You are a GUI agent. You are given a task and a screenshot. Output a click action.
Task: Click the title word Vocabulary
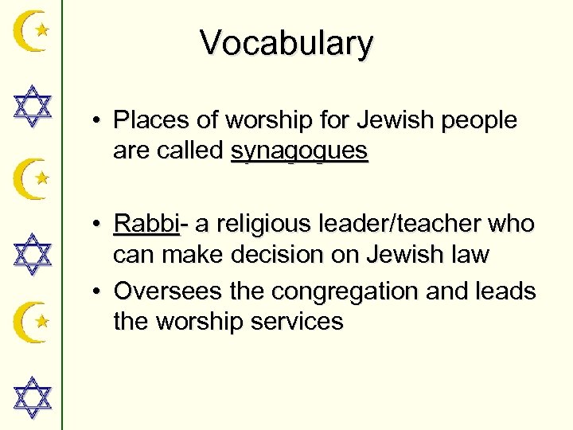tap(286, 43)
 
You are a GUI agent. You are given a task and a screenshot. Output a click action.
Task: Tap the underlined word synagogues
tap(299, 150)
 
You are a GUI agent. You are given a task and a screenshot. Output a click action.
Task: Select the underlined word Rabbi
tap(147, 224)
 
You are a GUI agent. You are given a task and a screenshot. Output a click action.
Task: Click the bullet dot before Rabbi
tap(95, 225)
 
